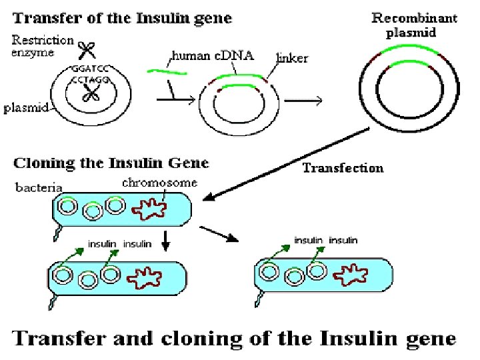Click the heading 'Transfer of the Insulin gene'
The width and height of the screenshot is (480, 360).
[123, 19]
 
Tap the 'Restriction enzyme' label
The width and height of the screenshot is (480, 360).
[43, 47]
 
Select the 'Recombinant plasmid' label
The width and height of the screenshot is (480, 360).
[413, 25]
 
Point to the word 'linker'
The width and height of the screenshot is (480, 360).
[292, 59]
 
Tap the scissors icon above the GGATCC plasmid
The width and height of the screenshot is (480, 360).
[85, 49]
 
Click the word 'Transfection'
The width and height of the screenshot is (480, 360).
[343, 168]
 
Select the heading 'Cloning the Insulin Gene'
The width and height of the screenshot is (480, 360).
[111, 163]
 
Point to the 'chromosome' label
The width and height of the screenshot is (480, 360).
[159, 182]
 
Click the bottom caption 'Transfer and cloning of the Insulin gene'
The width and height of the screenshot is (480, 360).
[235, 338]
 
